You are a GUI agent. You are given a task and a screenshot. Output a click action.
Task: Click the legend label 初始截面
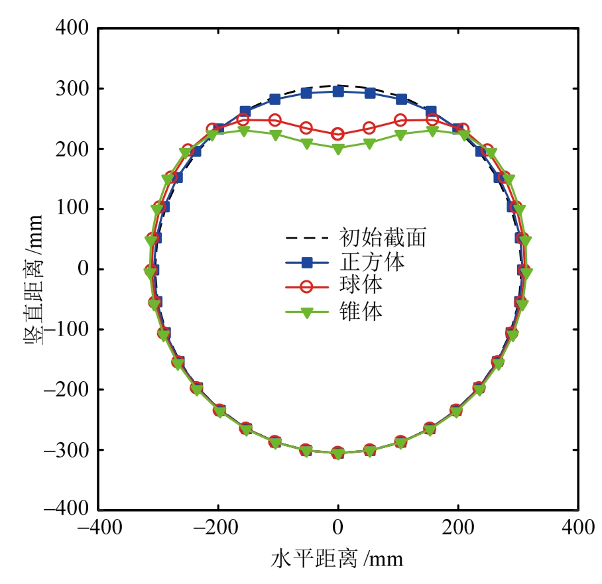pos(383,237)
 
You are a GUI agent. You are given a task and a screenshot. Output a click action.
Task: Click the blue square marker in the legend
pos(307,263)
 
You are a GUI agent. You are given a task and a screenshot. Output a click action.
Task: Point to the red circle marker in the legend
pos(307,288)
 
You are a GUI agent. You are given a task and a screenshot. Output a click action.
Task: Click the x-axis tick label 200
pos(457,530)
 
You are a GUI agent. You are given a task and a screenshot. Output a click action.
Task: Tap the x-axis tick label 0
pos(338,530)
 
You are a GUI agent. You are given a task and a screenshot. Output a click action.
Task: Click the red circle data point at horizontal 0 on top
pos(338,134)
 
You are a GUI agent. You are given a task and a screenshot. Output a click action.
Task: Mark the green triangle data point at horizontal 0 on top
pos(338,149)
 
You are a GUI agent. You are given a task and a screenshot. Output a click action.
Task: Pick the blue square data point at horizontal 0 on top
pos(338,91)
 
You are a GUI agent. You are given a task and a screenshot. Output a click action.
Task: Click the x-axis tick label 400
pos(577,530)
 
